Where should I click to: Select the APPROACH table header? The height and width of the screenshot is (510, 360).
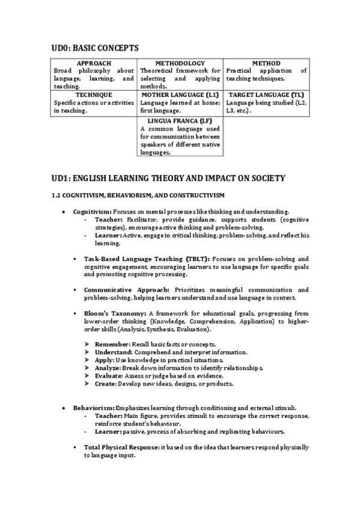pos(94,63)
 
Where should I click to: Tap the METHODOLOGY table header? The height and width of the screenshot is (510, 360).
pos(180,63)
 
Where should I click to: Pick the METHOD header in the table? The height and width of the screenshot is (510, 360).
pos(266,63)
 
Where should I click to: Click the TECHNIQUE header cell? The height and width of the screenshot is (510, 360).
pos(94,95)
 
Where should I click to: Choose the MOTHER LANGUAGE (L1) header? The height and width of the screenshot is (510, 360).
pos(180,95)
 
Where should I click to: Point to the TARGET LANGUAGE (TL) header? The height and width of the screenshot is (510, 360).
pos(266,95)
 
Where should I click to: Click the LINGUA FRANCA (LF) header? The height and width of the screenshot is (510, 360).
pos(180,121)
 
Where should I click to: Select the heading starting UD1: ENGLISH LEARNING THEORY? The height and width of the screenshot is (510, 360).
pos(168,178)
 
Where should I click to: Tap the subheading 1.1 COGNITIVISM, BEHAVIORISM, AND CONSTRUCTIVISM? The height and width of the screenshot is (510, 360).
pos(138,196)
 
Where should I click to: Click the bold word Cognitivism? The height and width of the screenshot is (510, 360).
pos(92,212)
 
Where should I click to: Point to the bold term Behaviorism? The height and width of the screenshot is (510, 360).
pos(93,408)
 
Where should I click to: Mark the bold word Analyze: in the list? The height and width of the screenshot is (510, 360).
pos(108,367)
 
